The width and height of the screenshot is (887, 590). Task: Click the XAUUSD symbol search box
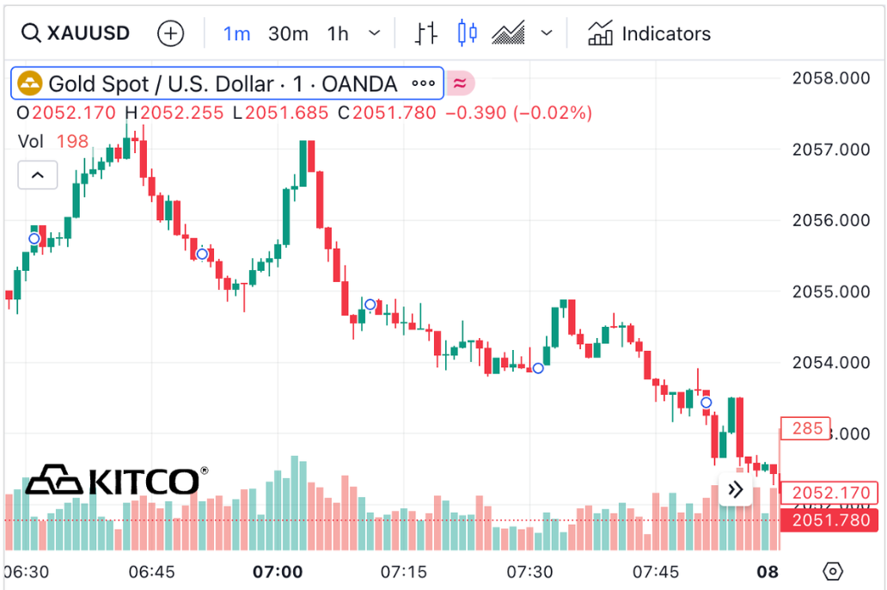point(76,34)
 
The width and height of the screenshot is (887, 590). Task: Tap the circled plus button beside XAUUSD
point(171,34)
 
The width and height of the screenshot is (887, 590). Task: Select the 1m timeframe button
point(236,34)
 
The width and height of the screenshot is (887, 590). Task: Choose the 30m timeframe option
point(288,34)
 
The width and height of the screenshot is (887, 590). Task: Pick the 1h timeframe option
point(338,34)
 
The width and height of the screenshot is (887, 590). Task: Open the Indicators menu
point(649,34)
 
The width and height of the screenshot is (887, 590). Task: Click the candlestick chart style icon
point(468,34)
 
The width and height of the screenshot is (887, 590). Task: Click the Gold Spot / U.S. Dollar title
point(223,83)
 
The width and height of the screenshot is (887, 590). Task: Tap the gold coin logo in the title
point(31,83)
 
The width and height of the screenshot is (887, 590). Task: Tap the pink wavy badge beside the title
point(460,83)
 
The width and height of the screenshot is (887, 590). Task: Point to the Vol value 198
point(72,141)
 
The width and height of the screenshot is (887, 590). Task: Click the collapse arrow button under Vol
point(38,175)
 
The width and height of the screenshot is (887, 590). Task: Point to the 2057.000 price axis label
point(830,150)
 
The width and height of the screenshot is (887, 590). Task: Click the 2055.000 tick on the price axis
point(830,292)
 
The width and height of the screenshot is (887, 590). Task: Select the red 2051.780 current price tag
point(829,520)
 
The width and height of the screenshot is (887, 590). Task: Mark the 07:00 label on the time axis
point(278,572)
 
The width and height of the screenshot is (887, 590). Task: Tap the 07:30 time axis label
point(529,572)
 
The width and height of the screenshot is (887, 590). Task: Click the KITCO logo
point(117,481)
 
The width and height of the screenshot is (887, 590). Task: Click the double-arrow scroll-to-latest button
point(735,490)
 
